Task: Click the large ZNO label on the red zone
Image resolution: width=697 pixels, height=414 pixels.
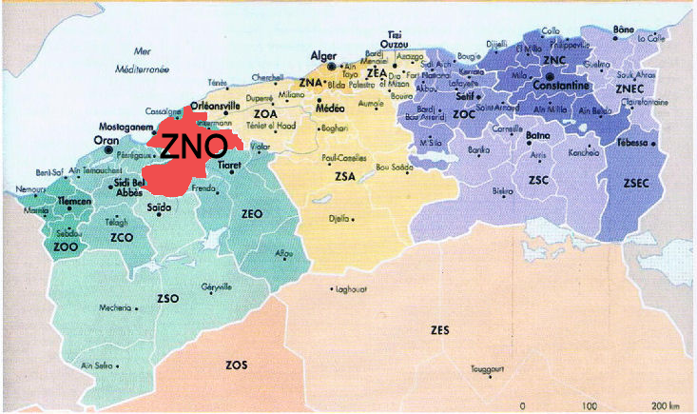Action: pyautogui.click(x=193, y=145)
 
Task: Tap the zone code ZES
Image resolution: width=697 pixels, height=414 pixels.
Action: pyautogui.click(x=438, y=330)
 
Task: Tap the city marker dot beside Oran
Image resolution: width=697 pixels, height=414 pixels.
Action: pyautogui.click(x=108, y=149)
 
